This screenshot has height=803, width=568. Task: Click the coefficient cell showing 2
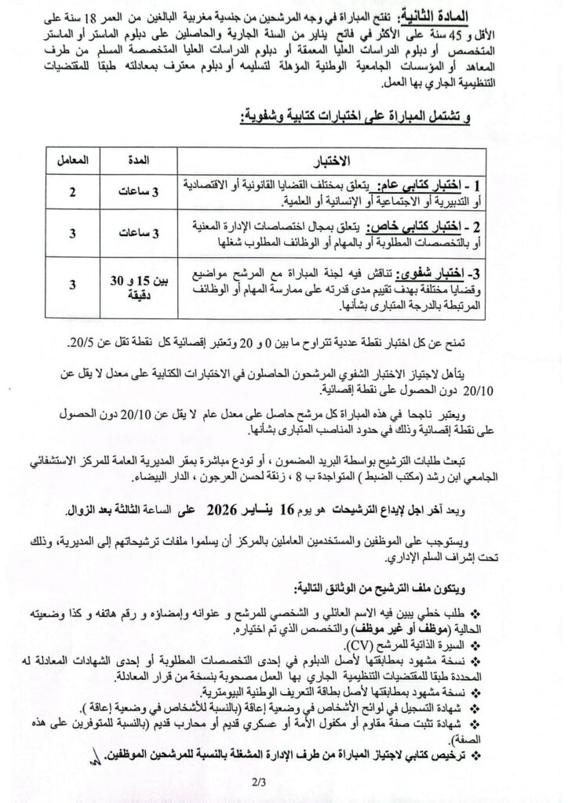[x=72, y=194]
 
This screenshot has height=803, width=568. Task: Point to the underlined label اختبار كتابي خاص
[x=423, y=227]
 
